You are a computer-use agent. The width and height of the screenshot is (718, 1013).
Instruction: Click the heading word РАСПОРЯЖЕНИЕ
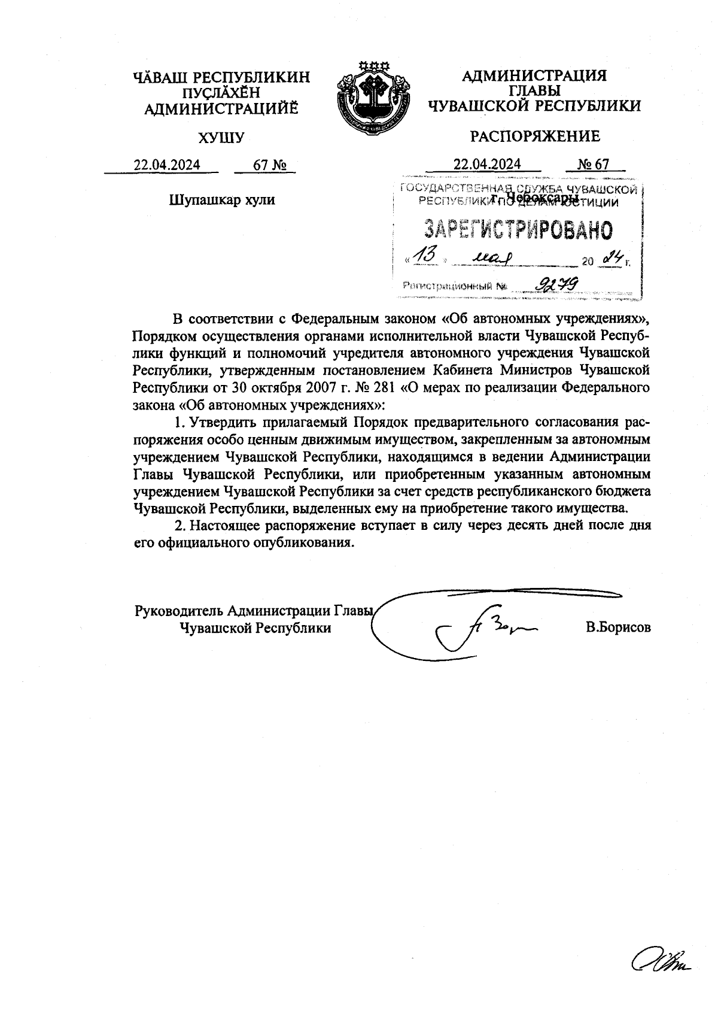[534, 137]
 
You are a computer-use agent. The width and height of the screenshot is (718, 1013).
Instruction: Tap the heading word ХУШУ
[221, 138]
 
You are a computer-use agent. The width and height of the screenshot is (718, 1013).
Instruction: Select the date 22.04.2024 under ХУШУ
[167, 165]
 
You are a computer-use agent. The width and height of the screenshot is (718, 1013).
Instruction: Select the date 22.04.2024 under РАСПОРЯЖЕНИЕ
[487, 164]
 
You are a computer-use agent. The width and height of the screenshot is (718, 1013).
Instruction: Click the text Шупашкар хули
[223, 199]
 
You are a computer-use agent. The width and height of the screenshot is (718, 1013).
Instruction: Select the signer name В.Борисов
[618, 628]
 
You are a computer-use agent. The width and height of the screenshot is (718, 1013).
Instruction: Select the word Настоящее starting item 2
[227, 526]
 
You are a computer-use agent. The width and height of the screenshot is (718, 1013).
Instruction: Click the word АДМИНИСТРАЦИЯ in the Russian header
[534, 76]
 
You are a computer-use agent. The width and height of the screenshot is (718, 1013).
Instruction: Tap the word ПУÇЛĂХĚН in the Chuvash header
[221, 92]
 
